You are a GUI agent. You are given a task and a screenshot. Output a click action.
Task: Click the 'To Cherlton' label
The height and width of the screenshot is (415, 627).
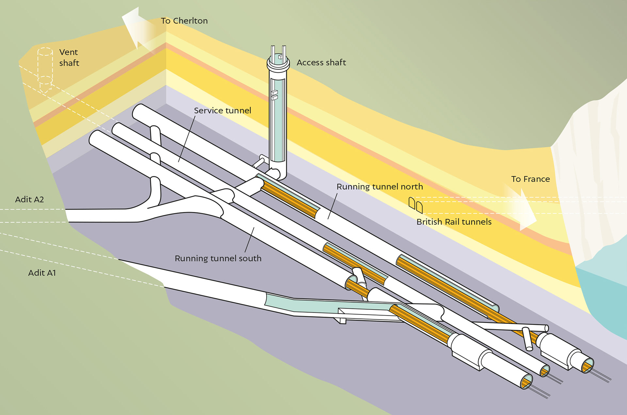click(184, 21)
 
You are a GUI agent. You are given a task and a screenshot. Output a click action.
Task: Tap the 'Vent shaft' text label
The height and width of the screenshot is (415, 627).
click(69, 57)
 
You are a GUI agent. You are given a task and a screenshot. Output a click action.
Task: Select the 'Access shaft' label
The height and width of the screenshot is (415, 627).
click(321, 63)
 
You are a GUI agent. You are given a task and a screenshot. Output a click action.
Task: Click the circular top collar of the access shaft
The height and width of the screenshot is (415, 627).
click(278, 63)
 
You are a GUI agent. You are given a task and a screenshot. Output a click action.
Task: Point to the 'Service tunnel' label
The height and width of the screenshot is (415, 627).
click(222, 111)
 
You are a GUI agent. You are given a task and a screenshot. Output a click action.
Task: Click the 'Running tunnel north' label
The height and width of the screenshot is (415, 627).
click(379, 187)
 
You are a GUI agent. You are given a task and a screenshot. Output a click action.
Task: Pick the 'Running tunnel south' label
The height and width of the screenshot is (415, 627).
click(218, 259)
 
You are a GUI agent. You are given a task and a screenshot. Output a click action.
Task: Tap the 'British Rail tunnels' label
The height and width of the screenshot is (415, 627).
click(454, 222)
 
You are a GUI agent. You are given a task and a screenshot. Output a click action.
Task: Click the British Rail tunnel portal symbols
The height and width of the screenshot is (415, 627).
click(416, 205)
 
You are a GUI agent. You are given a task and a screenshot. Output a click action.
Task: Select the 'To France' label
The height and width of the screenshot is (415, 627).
click(530, 179)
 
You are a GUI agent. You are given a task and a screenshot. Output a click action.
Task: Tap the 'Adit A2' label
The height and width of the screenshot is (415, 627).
click(29, 200)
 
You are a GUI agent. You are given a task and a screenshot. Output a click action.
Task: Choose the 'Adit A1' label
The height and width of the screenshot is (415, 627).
click(42, 273)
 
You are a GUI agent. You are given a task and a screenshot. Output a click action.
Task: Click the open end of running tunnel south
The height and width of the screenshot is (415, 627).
click(526, 381)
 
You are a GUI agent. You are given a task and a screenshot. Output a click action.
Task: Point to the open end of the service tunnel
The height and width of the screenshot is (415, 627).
click(545, 371)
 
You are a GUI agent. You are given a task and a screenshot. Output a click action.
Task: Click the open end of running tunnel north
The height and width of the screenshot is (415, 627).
click(587, 366)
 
